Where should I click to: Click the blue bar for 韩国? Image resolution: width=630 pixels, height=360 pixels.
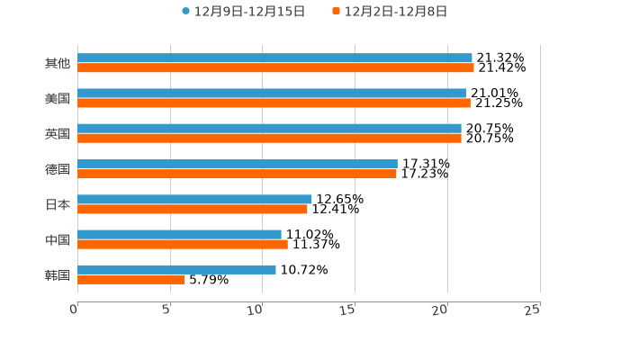pos(176,269)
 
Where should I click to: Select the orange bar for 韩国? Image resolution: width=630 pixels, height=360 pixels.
pos(131,279)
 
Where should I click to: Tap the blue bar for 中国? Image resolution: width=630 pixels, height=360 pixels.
pos(179,234)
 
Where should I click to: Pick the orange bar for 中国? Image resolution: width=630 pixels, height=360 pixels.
pos(183,244)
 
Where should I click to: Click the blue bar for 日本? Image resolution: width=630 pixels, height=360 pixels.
pos(194,199)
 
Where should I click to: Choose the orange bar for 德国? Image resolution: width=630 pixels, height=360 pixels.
pos(237,174)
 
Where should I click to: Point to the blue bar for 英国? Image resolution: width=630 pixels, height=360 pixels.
pos(269,129)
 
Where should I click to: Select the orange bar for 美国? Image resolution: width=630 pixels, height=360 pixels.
pos(274,103)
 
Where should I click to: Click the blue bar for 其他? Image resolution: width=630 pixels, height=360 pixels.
pos(274,58)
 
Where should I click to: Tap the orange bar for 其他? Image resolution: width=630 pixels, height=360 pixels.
pos(275,67)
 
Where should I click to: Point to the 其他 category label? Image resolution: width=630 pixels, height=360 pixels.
pos(58,63)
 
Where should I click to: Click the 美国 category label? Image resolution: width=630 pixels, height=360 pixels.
pos(58,98)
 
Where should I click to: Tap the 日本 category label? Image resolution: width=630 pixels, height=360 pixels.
pos(58,204)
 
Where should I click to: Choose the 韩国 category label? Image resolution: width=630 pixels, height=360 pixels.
pos(58,274)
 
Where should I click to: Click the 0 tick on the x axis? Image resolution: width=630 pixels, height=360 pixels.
pos(75,310)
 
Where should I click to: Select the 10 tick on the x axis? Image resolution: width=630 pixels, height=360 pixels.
pos(256,310)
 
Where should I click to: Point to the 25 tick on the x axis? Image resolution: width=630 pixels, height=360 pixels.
pos(533,310)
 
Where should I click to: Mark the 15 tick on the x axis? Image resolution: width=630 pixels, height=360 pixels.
pos(348,310)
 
